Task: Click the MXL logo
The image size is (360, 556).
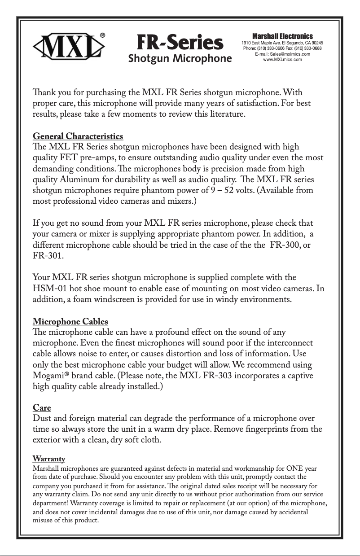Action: click(x=70, y=45)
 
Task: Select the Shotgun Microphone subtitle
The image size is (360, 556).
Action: click(x=180, y=58)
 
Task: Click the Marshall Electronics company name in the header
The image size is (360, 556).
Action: click(x=282, y=36)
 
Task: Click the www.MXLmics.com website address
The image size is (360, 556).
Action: click(x=282, y=59)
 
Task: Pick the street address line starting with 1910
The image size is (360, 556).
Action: click(x=282, y=43)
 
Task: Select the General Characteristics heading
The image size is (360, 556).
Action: click(x=78, y=136)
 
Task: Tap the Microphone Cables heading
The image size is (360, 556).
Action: click(x=70, y=322)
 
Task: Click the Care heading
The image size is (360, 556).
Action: click(x=42, y=407)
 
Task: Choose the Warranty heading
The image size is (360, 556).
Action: click(x=49, y=459)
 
